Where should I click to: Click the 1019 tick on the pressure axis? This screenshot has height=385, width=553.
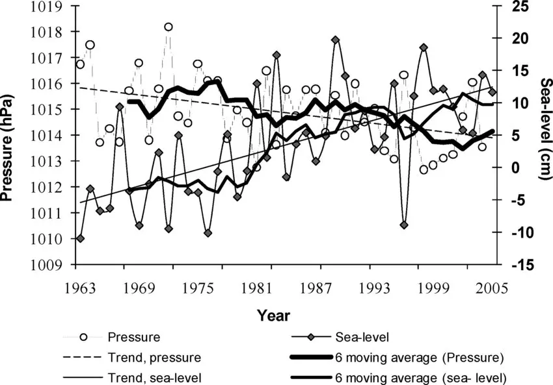click(50, 7)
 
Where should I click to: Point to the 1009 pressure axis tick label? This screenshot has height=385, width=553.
click(50, 264)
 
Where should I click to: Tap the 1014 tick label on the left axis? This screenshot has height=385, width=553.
click(50, 136)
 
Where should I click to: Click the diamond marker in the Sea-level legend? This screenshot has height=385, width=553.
click(312, 338)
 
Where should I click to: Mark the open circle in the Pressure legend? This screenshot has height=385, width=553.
click(83, 338)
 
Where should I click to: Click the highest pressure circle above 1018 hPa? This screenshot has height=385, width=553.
click(169, 27)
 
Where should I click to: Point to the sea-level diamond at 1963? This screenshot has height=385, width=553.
click(80, 238)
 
